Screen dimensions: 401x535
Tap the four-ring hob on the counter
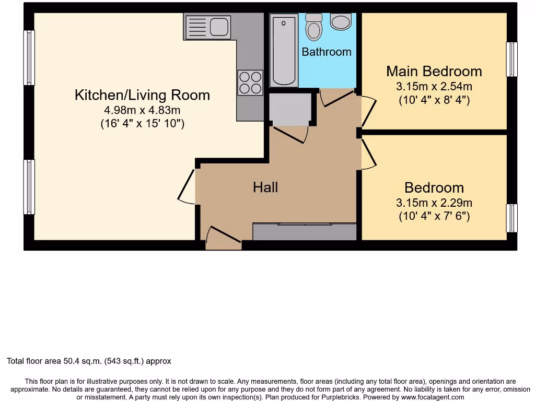[250, 82]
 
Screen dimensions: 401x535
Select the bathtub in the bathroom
[284, 51]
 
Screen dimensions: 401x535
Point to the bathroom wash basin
[341, 21]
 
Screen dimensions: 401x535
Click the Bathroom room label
[327, 52]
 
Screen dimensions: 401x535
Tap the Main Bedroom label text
[434, 71]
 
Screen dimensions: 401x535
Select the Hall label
[265, 187]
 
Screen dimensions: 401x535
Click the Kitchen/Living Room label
[142, 95]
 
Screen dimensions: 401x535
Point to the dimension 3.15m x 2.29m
[434, 203]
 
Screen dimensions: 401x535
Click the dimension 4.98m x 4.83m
[142, 110]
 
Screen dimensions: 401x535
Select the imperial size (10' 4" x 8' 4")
[434, 99]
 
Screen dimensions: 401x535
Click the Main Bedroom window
[512, 59]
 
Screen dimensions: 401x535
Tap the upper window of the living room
[29, 57]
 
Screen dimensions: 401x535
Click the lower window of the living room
[29, 187]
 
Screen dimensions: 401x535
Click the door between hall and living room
[187, 187]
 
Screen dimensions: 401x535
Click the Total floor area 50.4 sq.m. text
[89, 361]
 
